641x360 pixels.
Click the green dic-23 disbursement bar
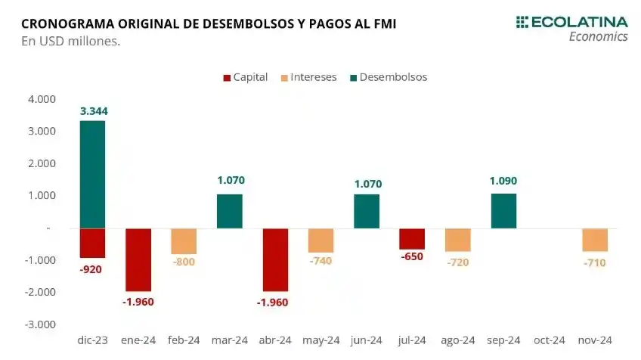(x=92, y=174)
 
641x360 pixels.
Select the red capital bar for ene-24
(x=138, y=259)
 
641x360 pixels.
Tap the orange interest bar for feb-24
(x=184, y=241)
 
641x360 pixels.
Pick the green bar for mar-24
(x=230, y=211)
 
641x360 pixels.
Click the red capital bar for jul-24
(x=412, y=238)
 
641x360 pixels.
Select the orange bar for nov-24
(x=595, y=240)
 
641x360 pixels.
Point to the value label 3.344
(x=93, y=111)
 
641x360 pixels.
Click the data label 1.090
(x=503, y=181)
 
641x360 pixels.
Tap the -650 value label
(x=412, y=256)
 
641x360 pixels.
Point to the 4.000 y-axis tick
(x=42, y=99)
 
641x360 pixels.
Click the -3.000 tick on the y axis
(x=40, y=324)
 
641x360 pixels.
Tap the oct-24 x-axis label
(x=549, y=340)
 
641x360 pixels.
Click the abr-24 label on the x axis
(x=275, y=340)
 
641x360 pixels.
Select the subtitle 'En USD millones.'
(x=70, y=42)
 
